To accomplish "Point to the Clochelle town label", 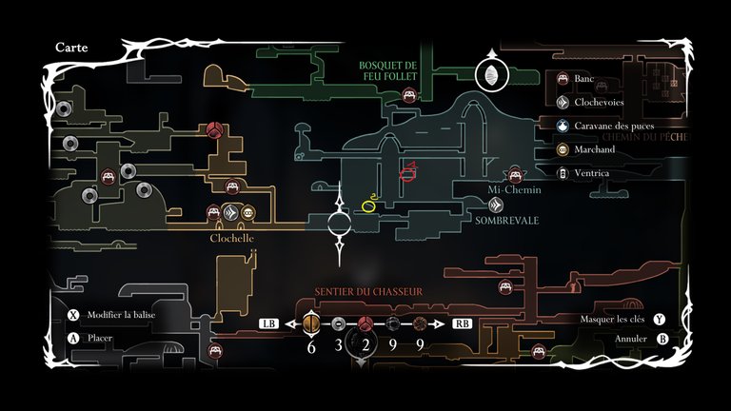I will click(x=232, y=239).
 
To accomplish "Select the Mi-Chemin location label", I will click(x=514, y=190).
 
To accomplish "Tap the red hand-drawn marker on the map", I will click(x=409, y=172).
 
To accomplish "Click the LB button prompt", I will click(x=268, y=323).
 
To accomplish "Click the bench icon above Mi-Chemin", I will click(x=516, y=173).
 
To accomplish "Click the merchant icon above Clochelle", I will click(x=248, y=213).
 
